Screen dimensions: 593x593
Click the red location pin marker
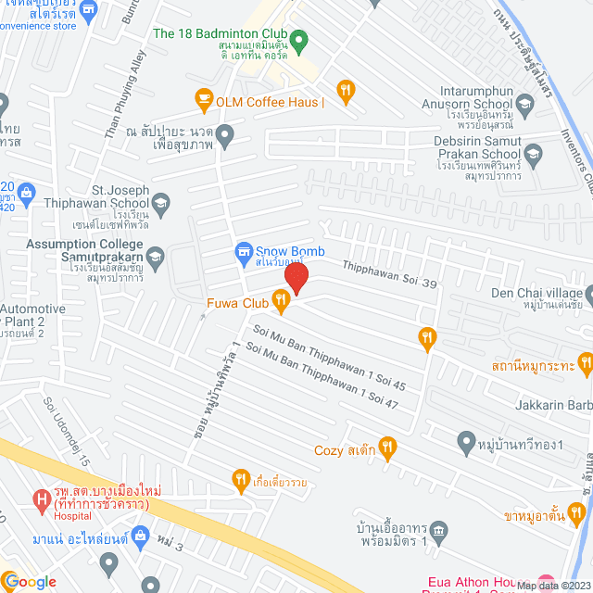point(296,278)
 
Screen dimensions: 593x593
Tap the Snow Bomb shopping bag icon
point(244,250)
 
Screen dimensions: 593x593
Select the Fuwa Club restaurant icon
point(279,299)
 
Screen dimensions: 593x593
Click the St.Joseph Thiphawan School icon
point(161,204)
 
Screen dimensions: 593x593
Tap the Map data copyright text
point(551,586)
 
